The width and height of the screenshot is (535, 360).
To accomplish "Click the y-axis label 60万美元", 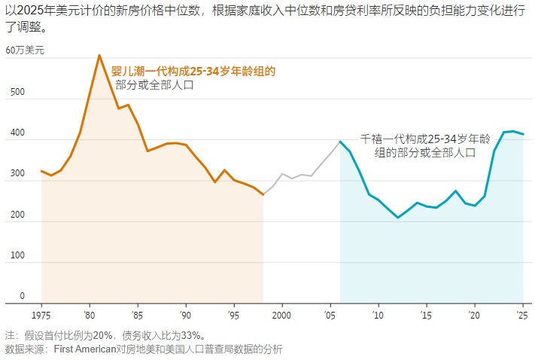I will [25, 50].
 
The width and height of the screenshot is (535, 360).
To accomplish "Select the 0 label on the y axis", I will [22, 296].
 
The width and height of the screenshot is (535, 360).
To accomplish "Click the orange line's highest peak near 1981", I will [99, 55].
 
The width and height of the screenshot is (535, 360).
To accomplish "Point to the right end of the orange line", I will [263, 195].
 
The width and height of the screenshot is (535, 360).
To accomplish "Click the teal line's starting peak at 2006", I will [340, 141].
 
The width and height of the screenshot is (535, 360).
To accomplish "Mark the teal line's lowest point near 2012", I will [398, 218].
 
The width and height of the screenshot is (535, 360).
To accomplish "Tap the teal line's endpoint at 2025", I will [523, 134].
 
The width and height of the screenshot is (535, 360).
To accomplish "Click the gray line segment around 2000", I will [282, 174].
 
